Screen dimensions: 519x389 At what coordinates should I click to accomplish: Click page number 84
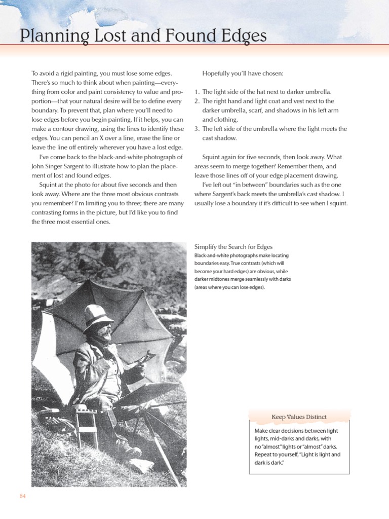[22, 496]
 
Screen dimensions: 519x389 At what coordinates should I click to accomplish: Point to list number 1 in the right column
[197, 92]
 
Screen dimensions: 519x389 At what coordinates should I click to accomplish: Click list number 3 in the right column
[197, 129]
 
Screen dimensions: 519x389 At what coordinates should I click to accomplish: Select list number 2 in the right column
[197, 101]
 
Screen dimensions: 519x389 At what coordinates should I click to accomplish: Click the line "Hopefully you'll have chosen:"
[243, 73]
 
